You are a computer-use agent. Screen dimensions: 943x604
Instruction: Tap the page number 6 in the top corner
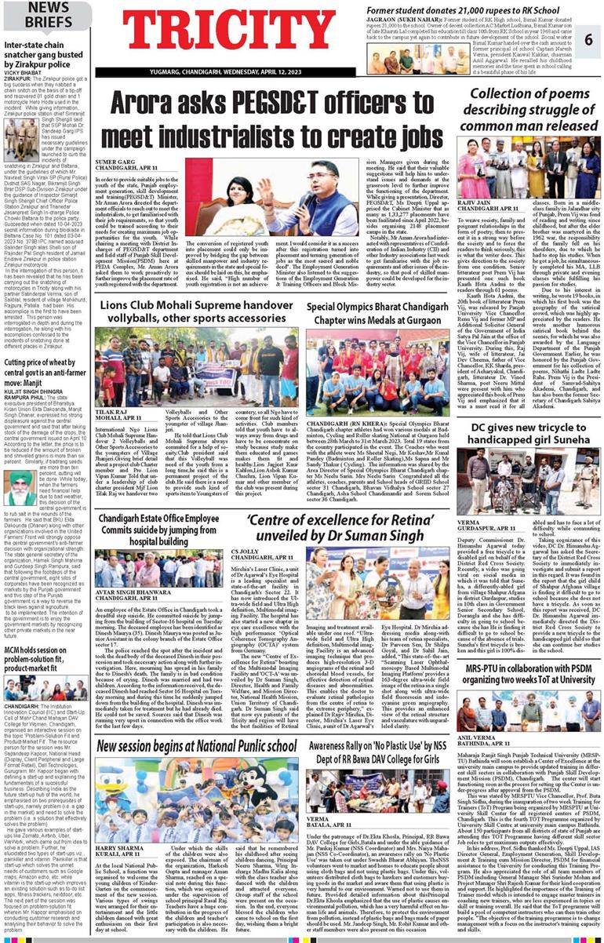(588, 38)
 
